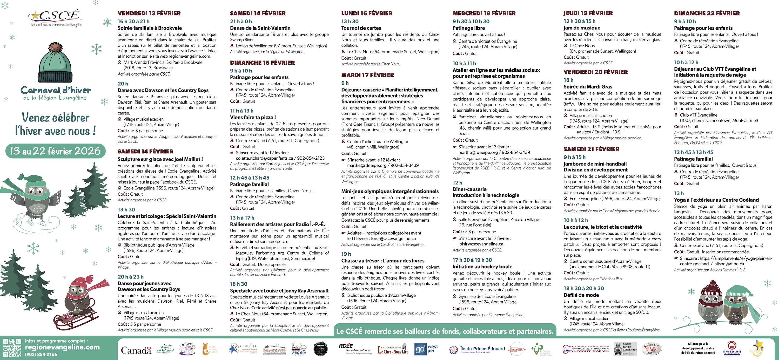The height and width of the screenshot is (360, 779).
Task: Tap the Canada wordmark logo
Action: (x=136, y=350)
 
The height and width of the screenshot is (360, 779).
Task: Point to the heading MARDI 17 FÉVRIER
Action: (x=367, y=75)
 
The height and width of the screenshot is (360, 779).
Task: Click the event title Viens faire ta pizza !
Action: (x=253, y=117)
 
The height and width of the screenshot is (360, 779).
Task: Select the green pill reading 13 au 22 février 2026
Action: (x=55, y=151)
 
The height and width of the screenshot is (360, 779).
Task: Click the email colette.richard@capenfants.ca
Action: (x=264, y=158)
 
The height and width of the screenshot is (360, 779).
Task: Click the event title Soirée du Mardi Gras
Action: (x=588, y=86)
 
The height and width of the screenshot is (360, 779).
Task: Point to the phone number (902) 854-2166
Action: (x=41, y=354)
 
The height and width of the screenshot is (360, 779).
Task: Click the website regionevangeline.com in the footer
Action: (x=62, y=347)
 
